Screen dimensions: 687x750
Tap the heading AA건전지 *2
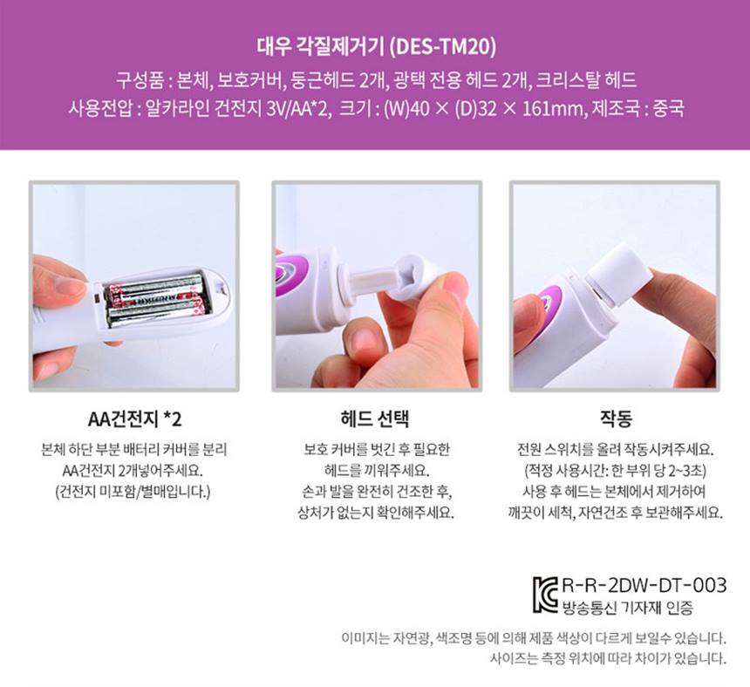(x=133, y=418)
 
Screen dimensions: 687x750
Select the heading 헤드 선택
(x=375, y=418)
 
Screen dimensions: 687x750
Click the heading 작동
(x=616, y=418)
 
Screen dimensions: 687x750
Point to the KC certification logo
(x=546, y=593)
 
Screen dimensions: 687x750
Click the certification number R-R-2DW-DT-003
(x=644, y=585)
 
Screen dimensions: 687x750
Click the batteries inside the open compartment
(x=155, y=301)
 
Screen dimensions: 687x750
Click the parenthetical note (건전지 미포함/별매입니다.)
(x=133, y=491)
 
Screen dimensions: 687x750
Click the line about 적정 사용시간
(x=616, y=470)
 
